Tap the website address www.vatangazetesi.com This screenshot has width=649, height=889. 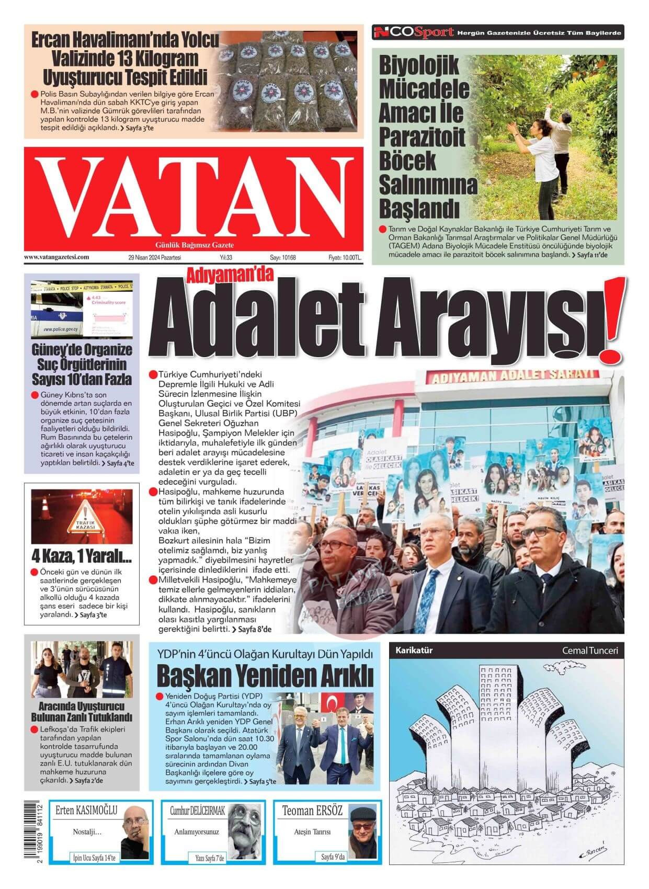[56, 257]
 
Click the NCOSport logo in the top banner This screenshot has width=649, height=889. [413, 32]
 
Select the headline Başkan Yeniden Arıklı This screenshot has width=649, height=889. [265, 676]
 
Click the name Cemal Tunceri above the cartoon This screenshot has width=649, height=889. [589, 651]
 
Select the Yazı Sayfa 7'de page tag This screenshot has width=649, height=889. [209, 858]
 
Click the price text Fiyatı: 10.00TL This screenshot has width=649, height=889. [345, 258]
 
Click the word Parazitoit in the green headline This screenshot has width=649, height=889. [422, 137]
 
